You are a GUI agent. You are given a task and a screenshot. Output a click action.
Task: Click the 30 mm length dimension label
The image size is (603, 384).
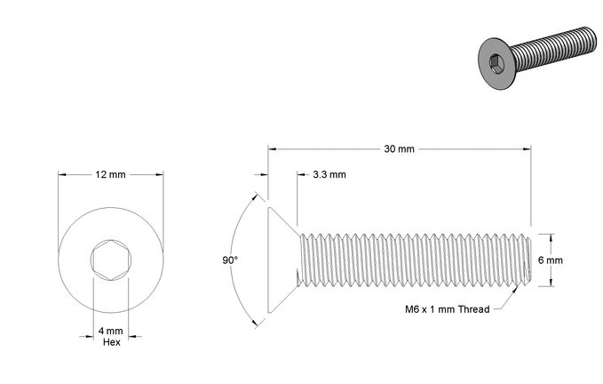click(399, 149)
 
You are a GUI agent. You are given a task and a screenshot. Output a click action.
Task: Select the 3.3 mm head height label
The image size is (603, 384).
click(329, 174)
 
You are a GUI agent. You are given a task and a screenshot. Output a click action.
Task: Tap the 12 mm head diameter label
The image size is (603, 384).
click(110, 175)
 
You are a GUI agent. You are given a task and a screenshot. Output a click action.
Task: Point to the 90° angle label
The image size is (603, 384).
click(230, 260)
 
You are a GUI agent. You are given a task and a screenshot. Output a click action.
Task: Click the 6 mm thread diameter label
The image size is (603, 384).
click(551, 260)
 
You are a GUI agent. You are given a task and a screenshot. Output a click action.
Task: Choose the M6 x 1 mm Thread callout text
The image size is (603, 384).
click(448, 309)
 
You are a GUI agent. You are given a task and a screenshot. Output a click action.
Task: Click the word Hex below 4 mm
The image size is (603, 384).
click(112, 342)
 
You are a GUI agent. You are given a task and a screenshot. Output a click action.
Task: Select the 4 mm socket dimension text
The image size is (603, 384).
click(111, 331)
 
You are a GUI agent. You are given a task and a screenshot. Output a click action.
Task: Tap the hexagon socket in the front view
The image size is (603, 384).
click(111, 260)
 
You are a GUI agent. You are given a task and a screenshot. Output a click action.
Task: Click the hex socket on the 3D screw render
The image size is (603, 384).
click(496, 63)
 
